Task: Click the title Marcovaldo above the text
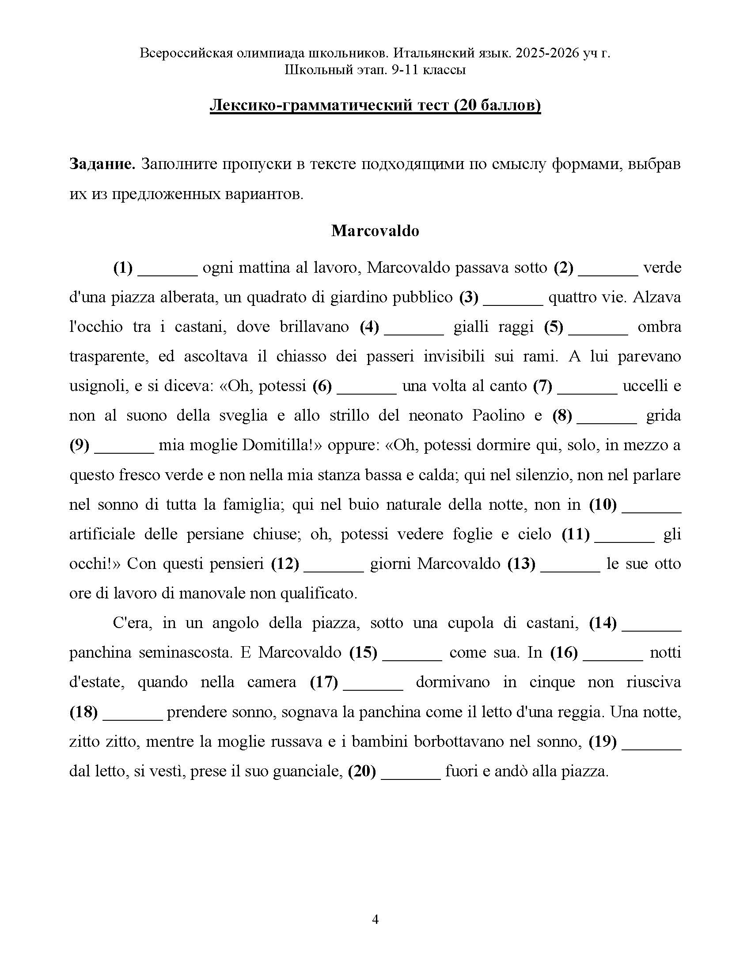[375, 231]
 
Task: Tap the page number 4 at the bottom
[375, 919]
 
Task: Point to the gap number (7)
[542, 386]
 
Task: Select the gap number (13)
[521, 564]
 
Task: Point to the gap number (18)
[83, 712]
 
